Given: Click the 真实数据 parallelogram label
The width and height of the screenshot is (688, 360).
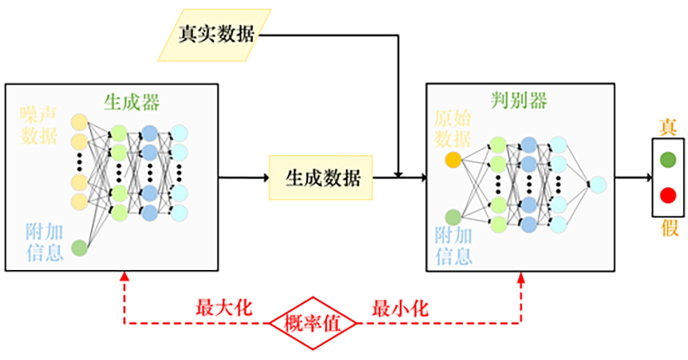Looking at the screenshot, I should pos(215,35).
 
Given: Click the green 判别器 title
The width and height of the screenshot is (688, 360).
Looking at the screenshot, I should pos(519,100).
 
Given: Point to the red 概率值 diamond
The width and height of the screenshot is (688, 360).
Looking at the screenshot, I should pos(313,324).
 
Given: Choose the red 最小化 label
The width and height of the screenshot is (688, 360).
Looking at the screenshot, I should pos(400,308).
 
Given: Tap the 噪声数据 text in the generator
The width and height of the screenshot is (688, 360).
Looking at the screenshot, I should pos(39,124).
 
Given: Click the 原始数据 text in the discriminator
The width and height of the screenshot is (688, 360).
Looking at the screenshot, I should pos(453,130).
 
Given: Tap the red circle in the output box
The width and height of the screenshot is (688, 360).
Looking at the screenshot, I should pos(667,195).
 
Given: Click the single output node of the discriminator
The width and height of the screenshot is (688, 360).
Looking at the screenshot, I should pos(597,185).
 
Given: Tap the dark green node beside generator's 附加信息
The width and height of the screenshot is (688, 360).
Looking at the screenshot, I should pos(79,248).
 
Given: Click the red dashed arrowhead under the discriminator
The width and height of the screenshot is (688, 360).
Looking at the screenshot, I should pos(521,277).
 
